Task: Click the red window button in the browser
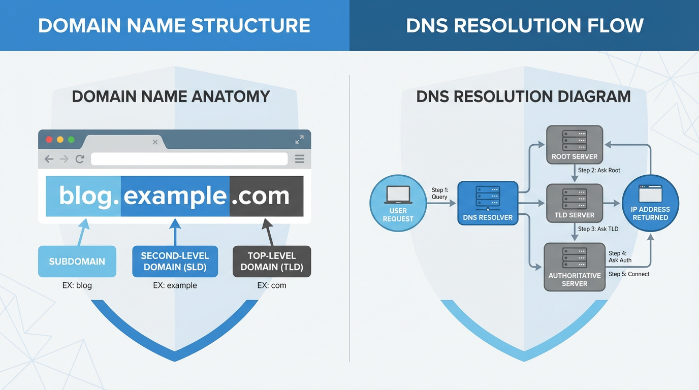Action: coord(49,140)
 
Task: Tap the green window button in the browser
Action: coord(71,140)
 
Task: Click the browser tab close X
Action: coord(155,142)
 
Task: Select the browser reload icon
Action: coord(80,159)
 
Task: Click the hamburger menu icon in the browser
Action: coord(300,159)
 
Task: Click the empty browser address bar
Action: coord(189,159)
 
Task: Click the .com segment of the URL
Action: coord(266,196)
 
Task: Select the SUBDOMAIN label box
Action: coord(77,262)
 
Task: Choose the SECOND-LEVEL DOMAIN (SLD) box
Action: coord(175,262)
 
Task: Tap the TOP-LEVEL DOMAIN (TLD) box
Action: coord(271,262)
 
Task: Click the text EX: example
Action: coord(175,285)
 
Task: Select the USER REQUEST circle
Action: coord(398,203)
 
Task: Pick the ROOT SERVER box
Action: coord(575,144)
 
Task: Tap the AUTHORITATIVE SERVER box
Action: coord(575,267)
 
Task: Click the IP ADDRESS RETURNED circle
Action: coord(650,203)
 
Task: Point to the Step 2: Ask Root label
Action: coord(599,170)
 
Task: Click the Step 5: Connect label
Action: coord(629,274)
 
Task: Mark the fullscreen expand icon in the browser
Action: coord(299,140)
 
